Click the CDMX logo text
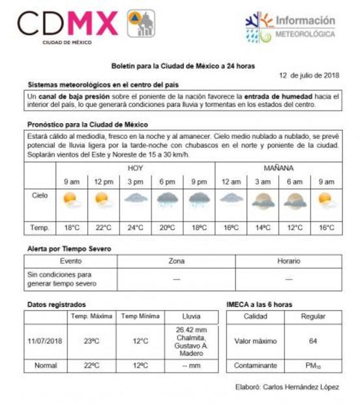67,24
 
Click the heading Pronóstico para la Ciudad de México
87,124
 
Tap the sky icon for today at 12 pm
103,199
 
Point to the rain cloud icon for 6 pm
168,200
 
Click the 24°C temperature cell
136,228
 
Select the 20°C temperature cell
168,228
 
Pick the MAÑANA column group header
278,167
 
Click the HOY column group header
135,167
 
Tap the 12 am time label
231,182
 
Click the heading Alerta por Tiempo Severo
69,249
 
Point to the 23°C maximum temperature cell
91,341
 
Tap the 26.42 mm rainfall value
191,330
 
